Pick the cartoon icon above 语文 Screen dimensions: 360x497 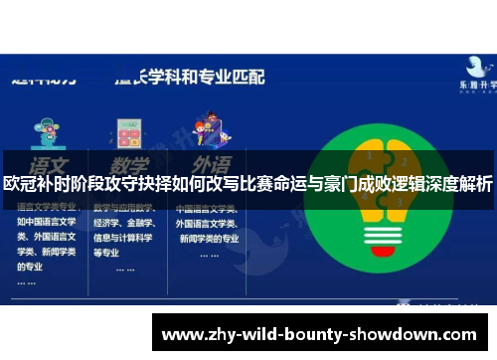point(46,131)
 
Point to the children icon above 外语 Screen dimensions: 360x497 point(209,131)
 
